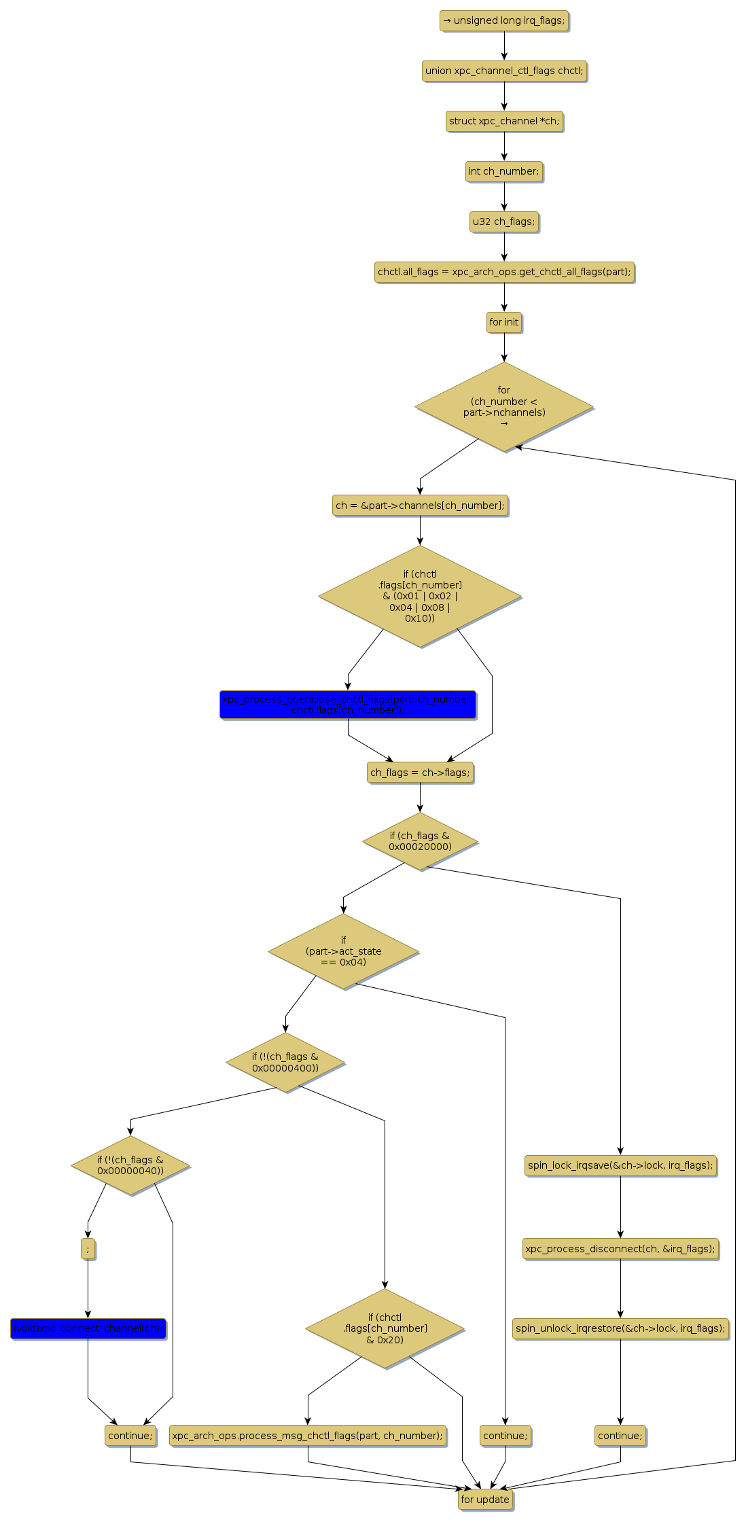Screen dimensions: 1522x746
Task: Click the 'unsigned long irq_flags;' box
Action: coord(503,21)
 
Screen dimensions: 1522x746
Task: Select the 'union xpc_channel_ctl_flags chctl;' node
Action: coord(503,71)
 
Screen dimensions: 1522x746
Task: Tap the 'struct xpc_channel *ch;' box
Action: coord(504,122)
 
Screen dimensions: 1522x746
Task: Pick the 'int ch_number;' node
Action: coord(504,172)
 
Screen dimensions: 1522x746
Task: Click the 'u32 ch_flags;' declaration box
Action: coord(504,222)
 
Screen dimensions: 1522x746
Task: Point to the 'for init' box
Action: coord(504,323)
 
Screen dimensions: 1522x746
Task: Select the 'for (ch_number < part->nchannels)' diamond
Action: coord(504,407)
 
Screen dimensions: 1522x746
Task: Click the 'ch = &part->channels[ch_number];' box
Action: coord(420,506)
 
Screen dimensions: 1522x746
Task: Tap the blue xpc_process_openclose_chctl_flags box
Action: coord(348,705)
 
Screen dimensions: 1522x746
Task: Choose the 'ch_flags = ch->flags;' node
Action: coord(420,773)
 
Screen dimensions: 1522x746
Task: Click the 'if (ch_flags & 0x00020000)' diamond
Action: coord(420,841)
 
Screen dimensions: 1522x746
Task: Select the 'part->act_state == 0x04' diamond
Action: coord(343,951)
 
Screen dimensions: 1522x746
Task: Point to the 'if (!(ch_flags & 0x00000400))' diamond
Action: coord(285,1063)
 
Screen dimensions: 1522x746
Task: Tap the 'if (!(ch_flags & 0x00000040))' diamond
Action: coord(130,1165)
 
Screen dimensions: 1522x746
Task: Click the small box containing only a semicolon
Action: coord(88,1249)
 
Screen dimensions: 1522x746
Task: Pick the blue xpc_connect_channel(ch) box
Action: coord(88,1328)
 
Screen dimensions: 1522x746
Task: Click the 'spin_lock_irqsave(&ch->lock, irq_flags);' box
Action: coord(620,1165)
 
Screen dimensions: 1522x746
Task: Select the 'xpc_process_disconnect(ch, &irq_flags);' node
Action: coord(620,1249)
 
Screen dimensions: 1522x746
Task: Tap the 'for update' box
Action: coord(485,1500)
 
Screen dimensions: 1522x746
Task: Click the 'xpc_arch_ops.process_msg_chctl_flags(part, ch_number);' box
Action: coord(308,1436)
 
